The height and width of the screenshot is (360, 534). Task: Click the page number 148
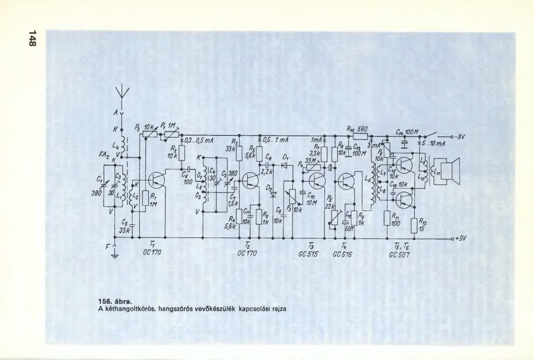[x=32, y=38]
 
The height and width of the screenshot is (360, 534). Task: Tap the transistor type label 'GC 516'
[x=343, y=254]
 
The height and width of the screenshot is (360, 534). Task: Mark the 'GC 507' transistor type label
[x=400, y=254]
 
